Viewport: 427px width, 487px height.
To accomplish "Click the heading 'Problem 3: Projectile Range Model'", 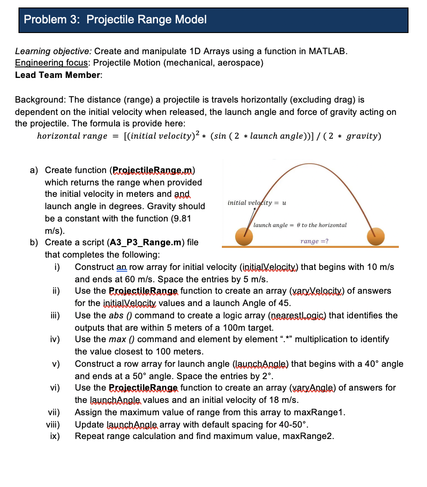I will point(115,19).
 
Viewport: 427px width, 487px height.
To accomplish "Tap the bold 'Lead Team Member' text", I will point(58,75).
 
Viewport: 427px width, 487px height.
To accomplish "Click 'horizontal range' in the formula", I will point(72,136).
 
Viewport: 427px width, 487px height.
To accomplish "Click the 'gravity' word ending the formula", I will point(362,136).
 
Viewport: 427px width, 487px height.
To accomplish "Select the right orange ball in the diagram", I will point(376,236).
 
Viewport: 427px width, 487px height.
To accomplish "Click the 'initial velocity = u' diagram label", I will point(257,203).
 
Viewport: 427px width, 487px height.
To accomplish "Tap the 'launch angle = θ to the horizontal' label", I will point(300,225).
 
